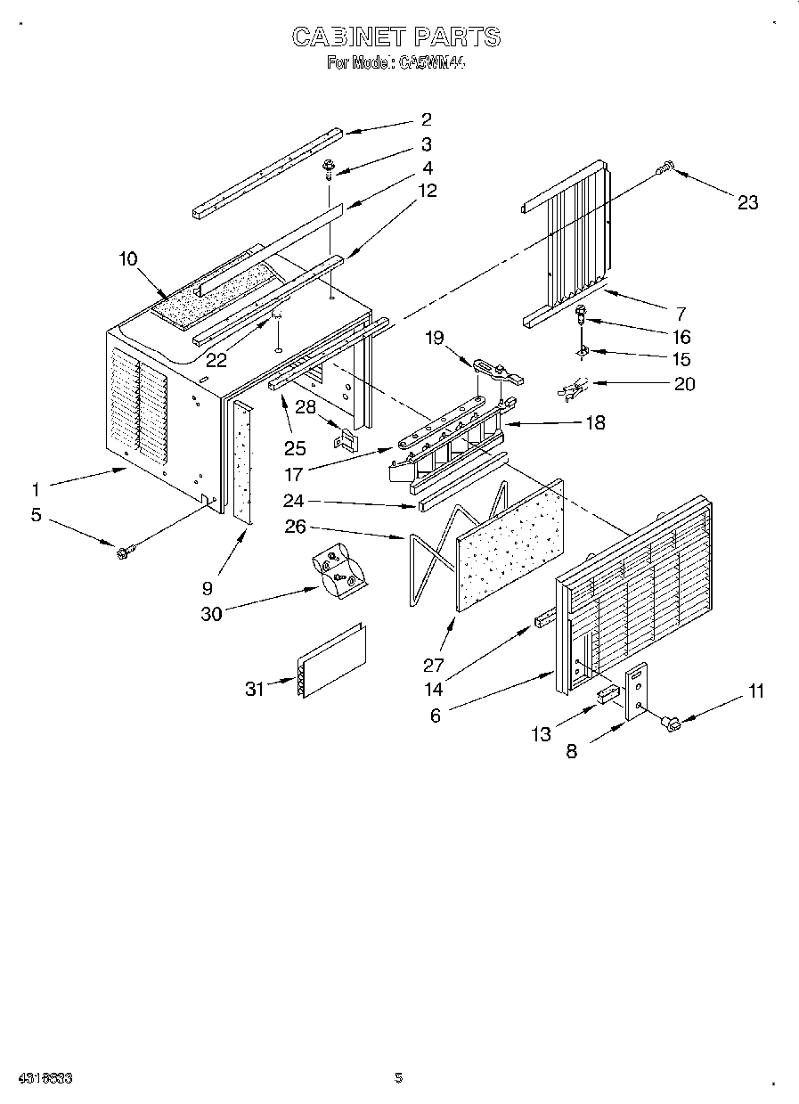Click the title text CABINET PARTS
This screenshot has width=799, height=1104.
tap(396, 37)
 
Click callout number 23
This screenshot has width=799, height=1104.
tap(747, 203)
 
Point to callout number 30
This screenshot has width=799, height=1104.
tap(211, 614)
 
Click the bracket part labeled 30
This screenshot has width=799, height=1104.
tap(339, 570)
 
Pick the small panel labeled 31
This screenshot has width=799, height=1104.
tap(332, 661)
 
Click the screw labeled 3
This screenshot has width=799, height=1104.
tap(330, 167)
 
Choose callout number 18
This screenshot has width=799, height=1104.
tap(594, 422)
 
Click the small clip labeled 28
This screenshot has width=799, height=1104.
tap(345, 439)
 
